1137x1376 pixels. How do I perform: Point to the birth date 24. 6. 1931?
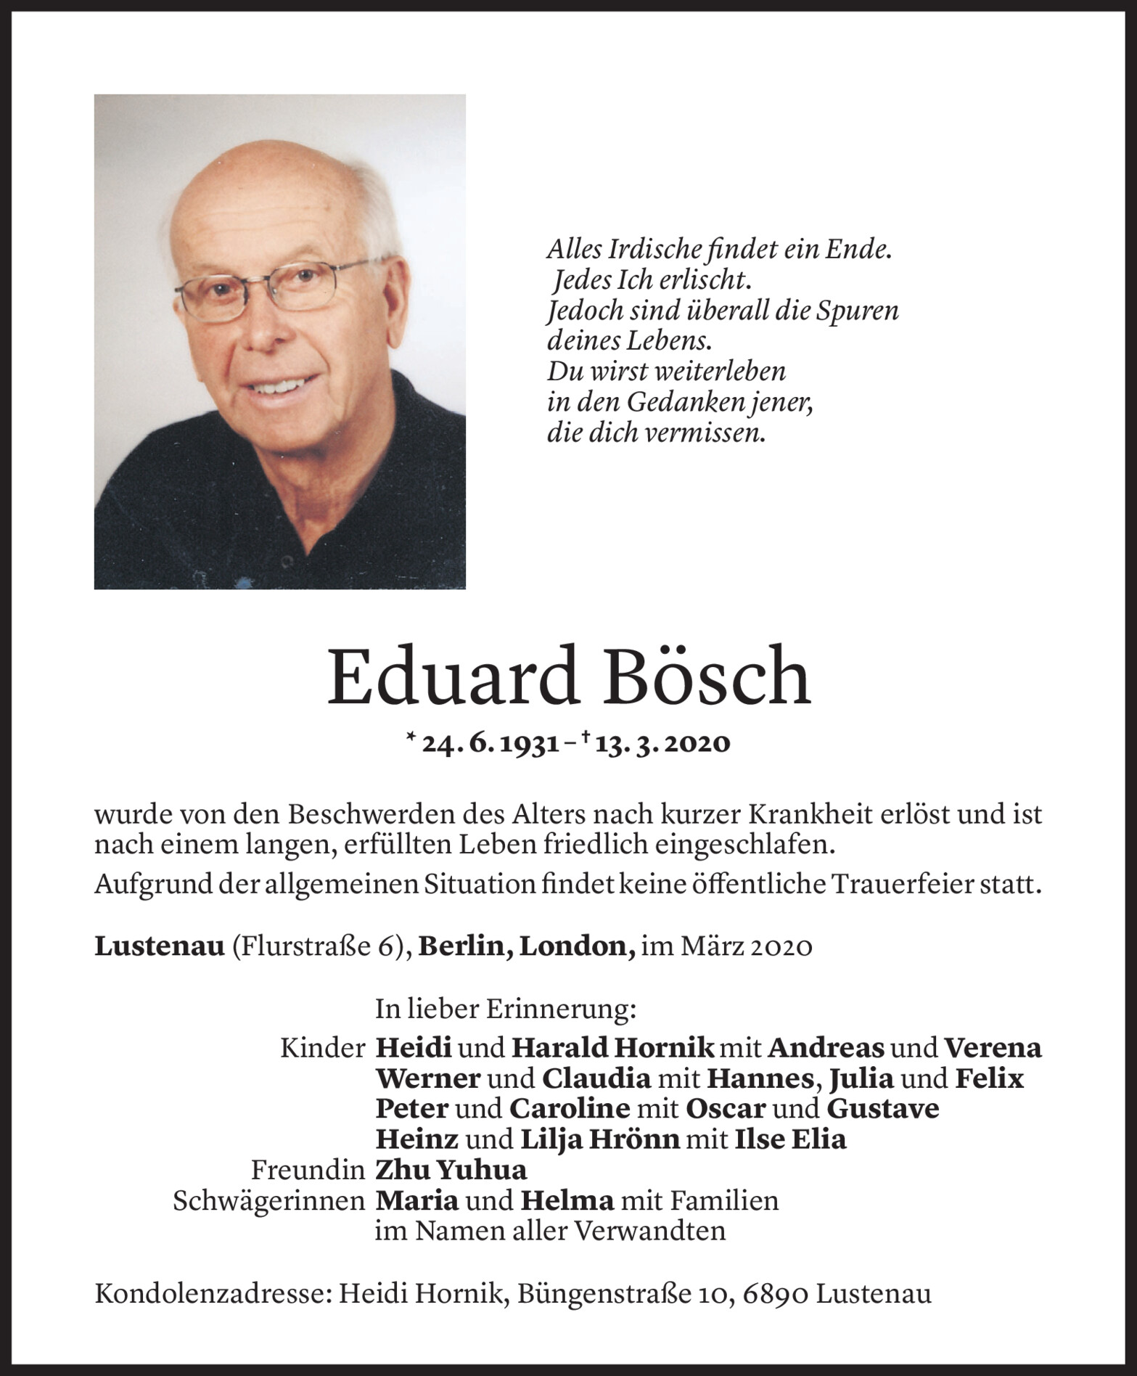click(490, 743)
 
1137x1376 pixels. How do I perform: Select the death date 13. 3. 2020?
click(662, 743)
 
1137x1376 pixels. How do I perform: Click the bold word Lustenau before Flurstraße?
click(160, 946)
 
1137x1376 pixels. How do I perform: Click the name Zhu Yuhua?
click(451, 1170)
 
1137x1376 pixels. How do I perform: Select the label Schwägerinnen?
click(268, 1201)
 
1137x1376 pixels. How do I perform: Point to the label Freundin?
click(308, 1170)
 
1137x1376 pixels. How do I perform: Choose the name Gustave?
click(883, 1108)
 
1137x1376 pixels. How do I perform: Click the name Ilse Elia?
click(791, 1139)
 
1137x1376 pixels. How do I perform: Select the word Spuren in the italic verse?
click(858, 311)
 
